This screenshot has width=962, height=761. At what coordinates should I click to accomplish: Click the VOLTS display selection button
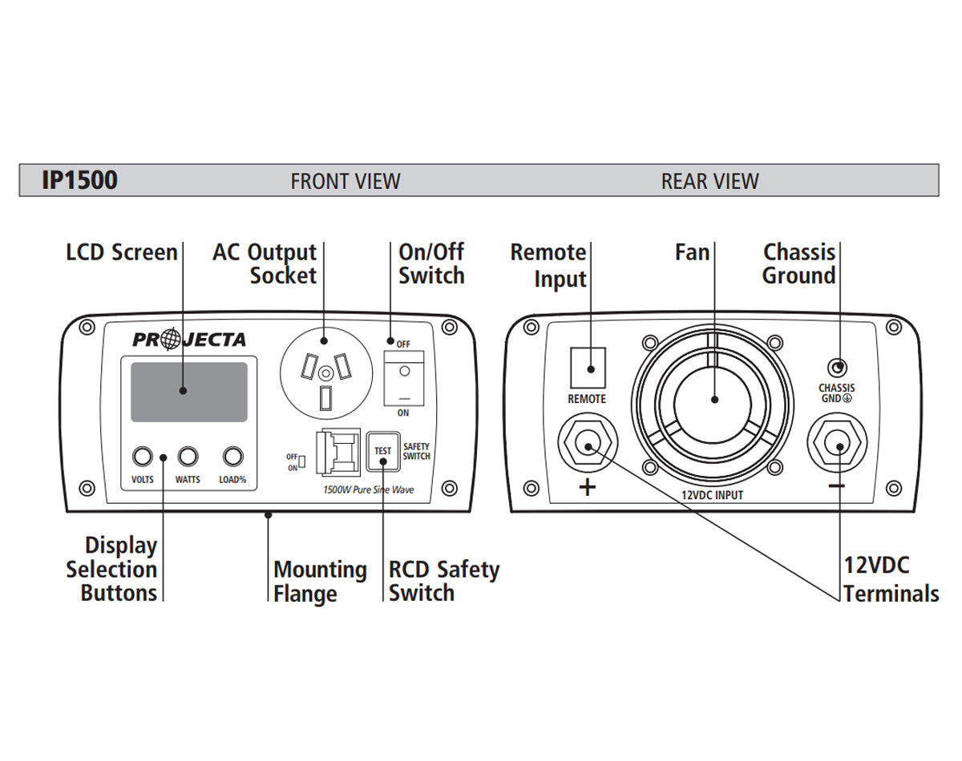pos(142,457)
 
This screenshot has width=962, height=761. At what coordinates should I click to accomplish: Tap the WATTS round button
pos(188,457)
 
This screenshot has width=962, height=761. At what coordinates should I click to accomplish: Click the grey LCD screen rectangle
pos(189,392)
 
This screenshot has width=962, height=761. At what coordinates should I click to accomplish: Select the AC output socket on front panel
pos(325,373)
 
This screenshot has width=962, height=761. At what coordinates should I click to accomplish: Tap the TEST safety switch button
pos(383,451)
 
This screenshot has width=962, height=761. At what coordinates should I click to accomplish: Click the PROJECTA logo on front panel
pos(189,340)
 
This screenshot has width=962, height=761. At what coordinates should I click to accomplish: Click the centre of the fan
pos(713,401)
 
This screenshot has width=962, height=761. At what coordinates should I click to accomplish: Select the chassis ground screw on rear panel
pos(838,368)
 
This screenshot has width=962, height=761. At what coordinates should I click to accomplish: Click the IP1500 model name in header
pos(79,180)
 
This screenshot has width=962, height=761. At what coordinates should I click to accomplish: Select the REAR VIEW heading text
pos(709,181)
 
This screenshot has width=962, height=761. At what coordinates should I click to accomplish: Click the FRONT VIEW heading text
pos(345,181)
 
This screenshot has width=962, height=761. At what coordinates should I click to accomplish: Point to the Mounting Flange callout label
pos(320,582)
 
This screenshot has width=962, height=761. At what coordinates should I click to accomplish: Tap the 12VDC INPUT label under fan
pos(712,495)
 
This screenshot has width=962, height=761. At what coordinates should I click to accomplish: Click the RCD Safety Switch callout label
pos(443,582)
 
